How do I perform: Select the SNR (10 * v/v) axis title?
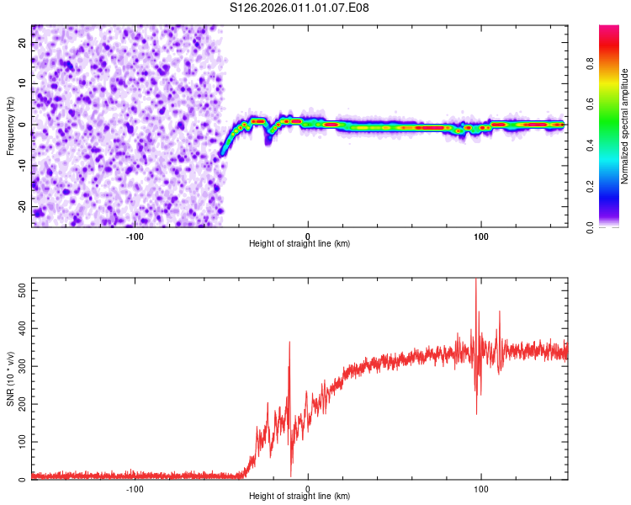[x=10, y=378]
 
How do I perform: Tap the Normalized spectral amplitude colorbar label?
[x=625, y=126]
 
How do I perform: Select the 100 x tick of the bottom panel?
[x=481, y=488]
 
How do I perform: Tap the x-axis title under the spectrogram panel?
[x=300, y=244]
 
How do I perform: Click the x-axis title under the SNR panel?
[x=300, y=497]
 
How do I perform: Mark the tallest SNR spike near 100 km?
[x=477, y=281]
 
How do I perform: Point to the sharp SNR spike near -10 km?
[x=289, y=342]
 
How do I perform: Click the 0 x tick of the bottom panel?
[x=308, y=488]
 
